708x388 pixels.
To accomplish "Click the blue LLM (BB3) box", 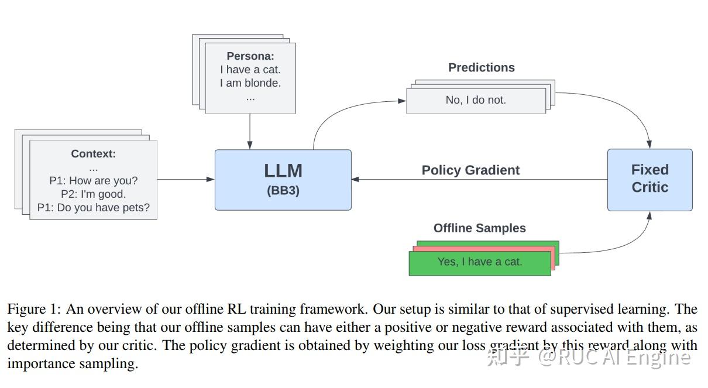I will click(x=283, y=179).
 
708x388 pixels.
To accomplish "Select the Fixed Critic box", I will click(x=649, y=179).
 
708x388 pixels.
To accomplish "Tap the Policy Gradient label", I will click(x=470, y=170).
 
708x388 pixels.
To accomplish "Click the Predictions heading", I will click(x=481, y=68).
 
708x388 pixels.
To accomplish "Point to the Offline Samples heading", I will click(x=479, y=228).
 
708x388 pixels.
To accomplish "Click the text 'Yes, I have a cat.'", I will click(x=479, y=262).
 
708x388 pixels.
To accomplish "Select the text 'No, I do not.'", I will click(x=475, y=100).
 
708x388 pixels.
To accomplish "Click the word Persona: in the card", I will click(x=250, y=57).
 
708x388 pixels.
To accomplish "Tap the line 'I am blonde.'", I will click(x=250, y=83).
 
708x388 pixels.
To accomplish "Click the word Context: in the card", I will click(x=94, y=154).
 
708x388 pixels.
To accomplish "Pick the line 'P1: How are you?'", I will click(x=94, y=181).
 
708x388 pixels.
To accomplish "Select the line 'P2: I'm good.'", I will click(x=94, y=194).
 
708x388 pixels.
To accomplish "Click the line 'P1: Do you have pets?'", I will click(x=94, y=208).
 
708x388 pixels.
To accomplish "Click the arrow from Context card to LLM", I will click(x=185, y=180).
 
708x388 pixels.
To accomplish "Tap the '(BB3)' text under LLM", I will click(x=283, y=191).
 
